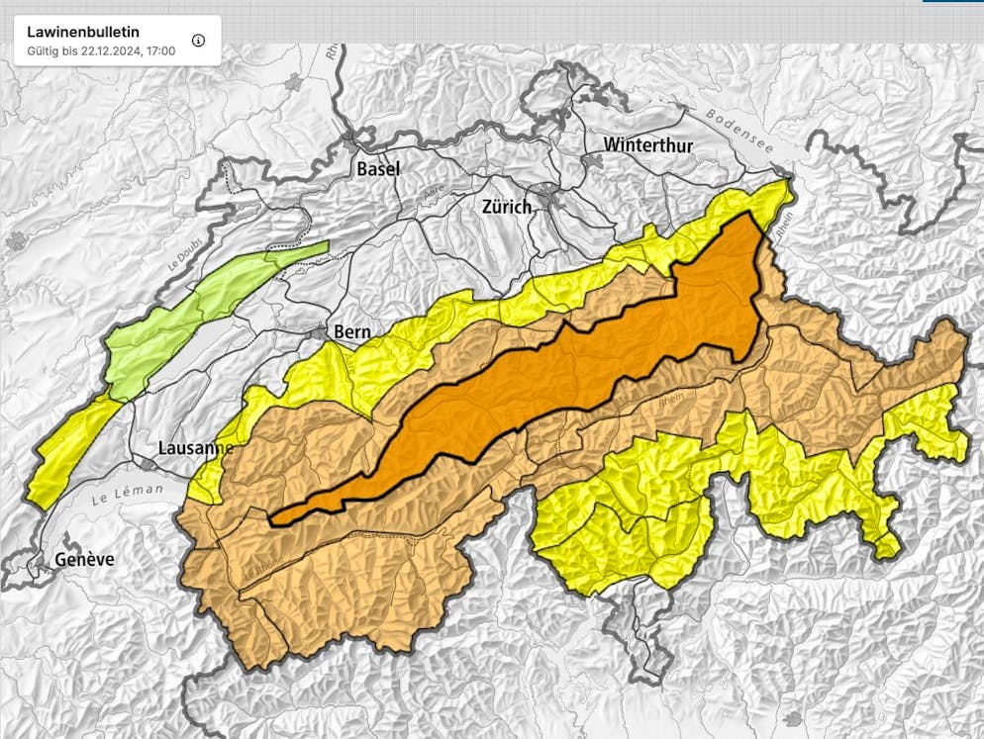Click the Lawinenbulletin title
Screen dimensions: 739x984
click(x=83, y=32)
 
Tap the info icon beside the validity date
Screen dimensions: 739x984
click(x=198, y=41)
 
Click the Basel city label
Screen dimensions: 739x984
click(x=378, y=169)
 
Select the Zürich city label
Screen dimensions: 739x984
click(x=506, y=207)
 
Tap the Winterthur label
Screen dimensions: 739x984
click(x=648, y=145)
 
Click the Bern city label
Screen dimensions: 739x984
click(x=352, y=332)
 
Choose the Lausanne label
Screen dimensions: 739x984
click(x=195, y=448)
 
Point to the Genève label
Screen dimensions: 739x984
click(x=84, y=560)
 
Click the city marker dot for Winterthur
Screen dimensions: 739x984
click(x=595, y=158)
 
